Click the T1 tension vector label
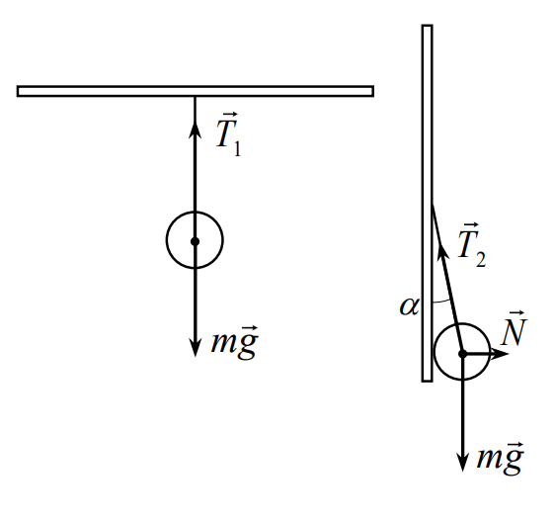point(228,134)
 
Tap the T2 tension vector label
point(472,245)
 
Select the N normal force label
point(514,328)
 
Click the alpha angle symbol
point(409,306)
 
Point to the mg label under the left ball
point(235,342)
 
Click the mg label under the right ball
point(500,458)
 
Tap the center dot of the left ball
point(195,241)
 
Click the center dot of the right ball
point(462,353)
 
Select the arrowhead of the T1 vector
point(195,130)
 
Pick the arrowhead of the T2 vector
point(442,250)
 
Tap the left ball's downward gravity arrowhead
point(195,347)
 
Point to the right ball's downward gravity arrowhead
point(462,462)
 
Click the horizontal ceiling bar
point(196,91)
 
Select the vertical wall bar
point(428,203)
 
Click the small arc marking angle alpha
point(441,302)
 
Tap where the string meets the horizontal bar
point(195,96)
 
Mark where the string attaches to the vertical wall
point(433,204)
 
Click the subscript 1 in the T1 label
point(237,148)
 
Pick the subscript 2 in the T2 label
point(481,259)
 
